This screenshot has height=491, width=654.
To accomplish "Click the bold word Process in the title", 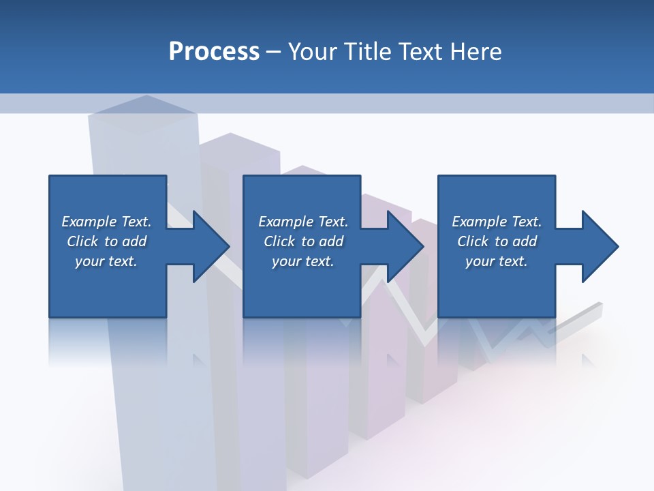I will [x=214, y=51].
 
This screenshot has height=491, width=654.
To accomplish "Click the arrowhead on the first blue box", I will [x=208, y=246].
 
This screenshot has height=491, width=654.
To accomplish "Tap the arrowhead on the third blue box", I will [x=597, y=246].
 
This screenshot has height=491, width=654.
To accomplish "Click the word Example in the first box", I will [x=89, y=222].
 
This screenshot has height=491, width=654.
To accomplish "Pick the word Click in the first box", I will [x=83, y=241].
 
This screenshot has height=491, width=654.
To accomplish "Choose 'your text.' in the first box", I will [x=106, y=261].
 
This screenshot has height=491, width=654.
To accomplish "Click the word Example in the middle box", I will [x=285, y=222].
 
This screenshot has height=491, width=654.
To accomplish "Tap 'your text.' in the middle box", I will [x=302, y=261].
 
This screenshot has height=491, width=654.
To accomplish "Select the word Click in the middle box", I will [x=280, y=241].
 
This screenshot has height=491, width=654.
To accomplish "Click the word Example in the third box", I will [x=479, y=222].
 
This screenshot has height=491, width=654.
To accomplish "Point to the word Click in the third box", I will [x=473, y=241].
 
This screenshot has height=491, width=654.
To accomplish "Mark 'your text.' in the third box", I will [x=496, y=261].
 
